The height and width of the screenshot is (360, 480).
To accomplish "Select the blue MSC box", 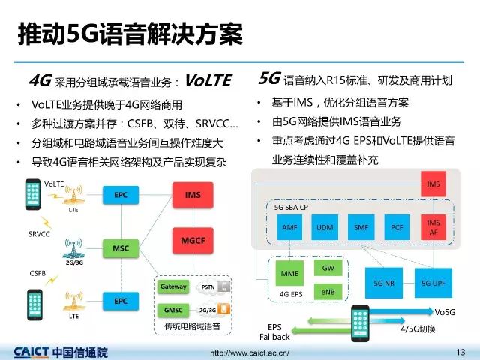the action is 121,247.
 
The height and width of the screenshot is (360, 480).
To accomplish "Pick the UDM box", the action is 325,226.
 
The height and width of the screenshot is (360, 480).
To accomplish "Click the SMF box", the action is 361,226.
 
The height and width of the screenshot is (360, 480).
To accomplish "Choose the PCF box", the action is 397,226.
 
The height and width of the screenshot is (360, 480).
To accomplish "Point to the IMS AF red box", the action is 433,226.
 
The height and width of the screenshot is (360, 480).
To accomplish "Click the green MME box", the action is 289,274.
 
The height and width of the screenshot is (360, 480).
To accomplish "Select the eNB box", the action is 328,289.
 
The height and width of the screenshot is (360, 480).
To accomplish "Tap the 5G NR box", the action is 384,283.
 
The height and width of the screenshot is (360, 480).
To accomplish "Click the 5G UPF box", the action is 433,283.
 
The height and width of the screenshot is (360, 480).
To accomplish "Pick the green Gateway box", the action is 173,287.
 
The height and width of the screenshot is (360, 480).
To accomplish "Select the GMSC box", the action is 173,309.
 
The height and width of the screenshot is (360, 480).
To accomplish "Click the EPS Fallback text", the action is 275,332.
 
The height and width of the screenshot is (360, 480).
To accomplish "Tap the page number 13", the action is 460,351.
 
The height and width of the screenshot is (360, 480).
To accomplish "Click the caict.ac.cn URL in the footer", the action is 249,352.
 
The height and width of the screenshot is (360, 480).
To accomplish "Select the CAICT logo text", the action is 61,351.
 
